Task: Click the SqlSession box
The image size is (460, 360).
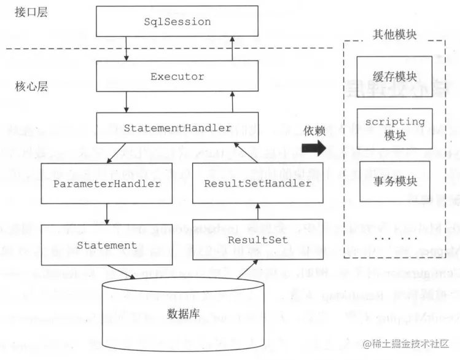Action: click(177, 22)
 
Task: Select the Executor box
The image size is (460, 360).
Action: click(177, 77)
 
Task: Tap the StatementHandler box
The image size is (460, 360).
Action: click(177, 128)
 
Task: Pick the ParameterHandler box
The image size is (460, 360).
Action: click(106, 184)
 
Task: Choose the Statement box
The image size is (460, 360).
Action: click(106, 245)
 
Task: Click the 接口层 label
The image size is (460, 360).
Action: click(26, 13)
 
